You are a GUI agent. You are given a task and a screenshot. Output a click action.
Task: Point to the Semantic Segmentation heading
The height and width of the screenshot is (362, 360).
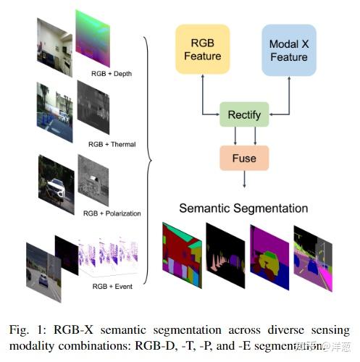coord(243,209)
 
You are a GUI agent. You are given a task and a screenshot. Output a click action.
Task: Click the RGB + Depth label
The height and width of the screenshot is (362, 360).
coord(106,72)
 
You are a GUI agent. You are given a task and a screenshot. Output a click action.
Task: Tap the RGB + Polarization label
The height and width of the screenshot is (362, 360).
coord(112,214)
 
